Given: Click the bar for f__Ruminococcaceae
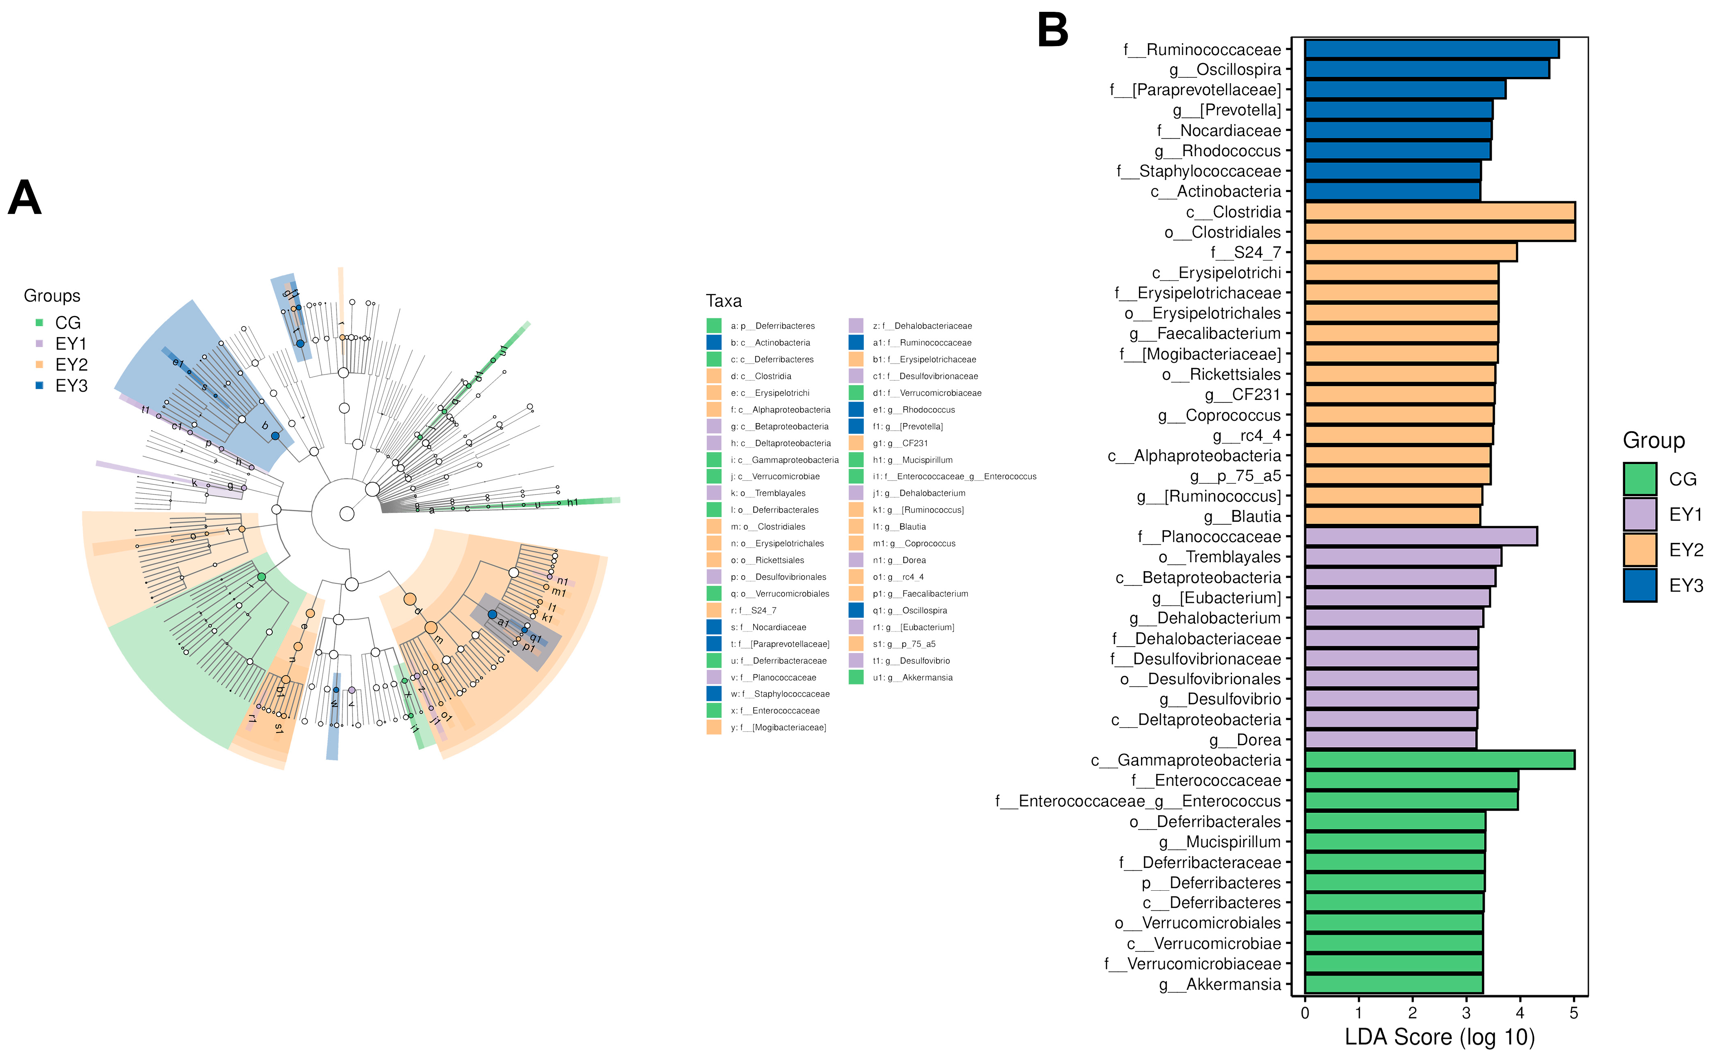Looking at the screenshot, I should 1431,49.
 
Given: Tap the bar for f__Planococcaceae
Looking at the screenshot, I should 1420,536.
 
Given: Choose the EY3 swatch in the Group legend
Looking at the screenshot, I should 1639,585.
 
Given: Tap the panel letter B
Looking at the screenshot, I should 1053,31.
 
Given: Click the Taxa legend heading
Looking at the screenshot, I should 724,301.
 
